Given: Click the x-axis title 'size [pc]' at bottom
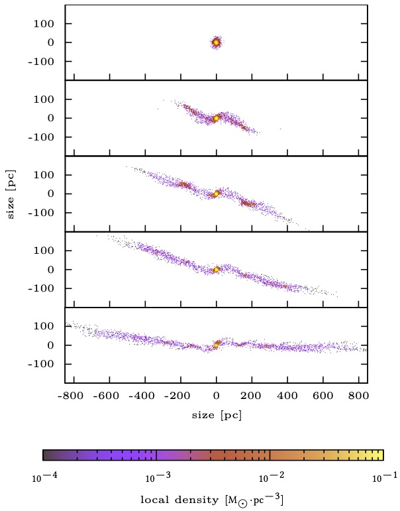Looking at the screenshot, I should (x=216, y=414).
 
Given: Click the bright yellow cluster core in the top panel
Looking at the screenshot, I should (x=216, y=42).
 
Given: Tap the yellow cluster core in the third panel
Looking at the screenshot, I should (x=216, y=194).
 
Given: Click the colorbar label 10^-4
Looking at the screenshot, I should (x=42, y=477).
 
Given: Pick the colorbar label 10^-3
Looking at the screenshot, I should (x=155, y=477).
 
